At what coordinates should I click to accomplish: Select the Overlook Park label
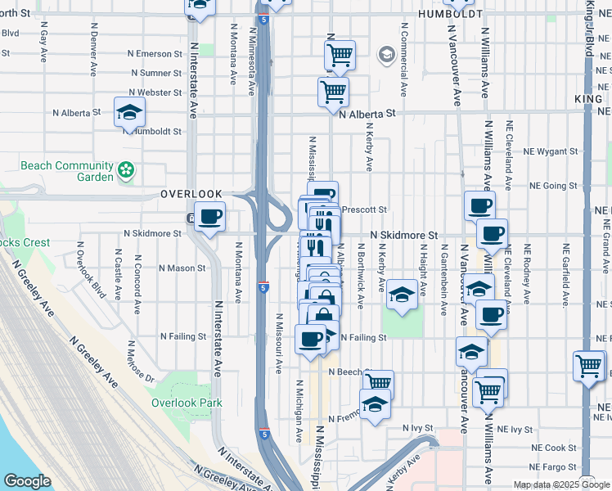tap(187, 403)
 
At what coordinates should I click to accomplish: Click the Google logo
tap(27, 481)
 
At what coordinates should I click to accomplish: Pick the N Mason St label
tap(182, 268)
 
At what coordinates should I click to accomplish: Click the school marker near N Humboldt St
tap(129, 111)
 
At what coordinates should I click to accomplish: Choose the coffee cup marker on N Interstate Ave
tap(209, 217)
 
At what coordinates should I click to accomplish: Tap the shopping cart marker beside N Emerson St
tap(339, 55)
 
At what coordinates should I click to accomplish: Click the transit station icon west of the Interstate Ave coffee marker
tap(190, 218)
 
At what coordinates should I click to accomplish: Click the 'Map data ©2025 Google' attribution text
tap(561, 484)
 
